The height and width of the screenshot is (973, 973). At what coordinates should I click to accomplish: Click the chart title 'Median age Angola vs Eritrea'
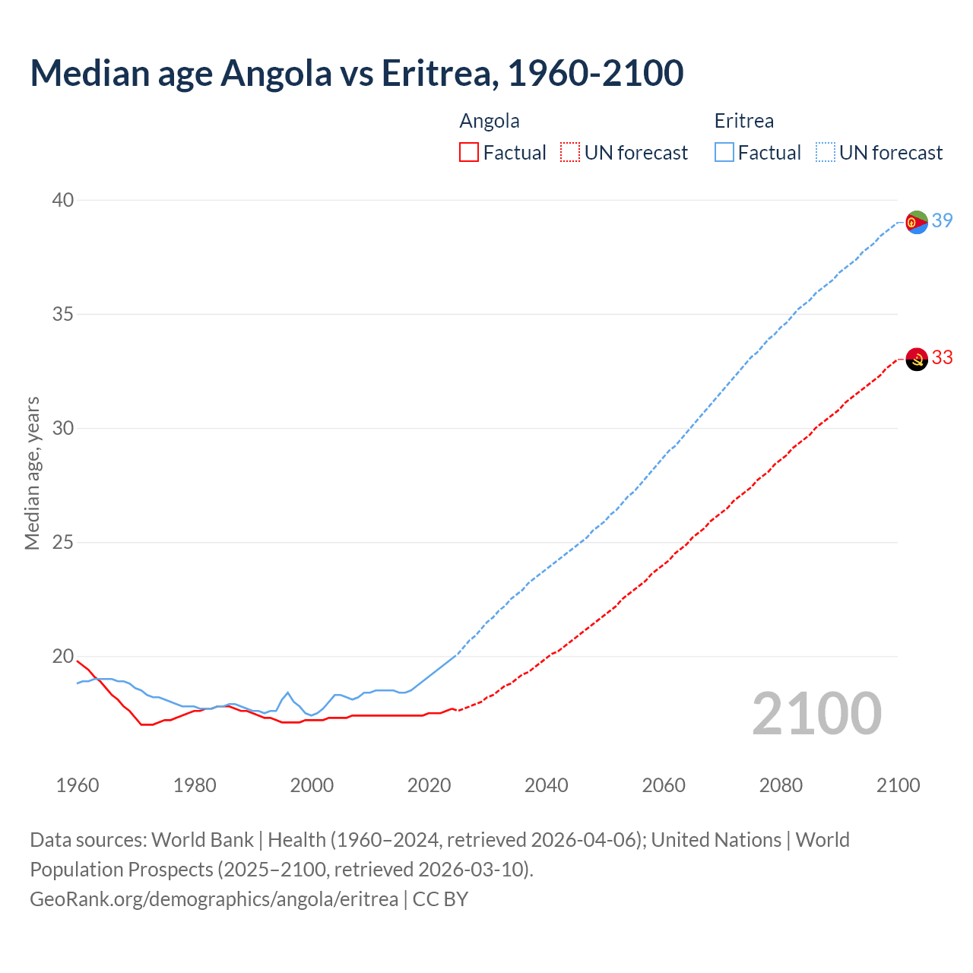pos(357,73)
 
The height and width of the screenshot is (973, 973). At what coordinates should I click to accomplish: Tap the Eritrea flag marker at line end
pos(917,222)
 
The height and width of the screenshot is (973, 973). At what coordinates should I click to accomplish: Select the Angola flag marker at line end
pos(917,359)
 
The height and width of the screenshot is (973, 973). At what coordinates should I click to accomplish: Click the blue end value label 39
pos(942,220)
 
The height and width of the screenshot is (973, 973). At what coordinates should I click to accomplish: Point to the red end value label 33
pos(942,357)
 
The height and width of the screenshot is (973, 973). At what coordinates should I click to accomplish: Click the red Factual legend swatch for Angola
pos(469,153)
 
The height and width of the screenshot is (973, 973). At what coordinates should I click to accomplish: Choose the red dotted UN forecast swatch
pos(570,153)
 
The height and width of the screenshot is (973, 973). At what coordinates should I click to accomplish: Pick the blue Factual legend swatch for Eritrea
pos(724,153)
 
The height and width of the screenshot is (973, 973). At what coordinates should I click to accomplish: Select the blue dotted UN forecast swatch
pos(825,153)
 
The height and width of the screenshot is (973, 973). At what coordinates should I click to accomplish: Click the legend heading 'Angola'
pos(490,121)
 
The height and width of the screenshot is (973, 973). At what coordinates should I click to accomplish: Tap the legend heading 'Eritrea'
pos(743,121)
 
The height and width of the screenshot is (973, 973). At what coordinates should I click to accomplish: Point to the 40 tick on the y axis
pos(62,200)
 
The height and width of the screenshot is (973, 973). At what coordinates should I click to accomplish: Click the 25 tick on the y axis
pos(62,542)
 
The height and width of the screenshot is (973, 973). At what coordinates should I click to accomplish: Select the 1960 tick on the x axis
pos(78,785)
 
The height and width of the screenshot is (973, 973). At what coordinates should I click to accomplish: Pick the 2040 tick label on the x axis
pos(546,785)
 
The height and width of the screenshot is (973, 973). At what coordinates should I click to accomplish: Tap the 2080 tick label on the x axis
pos(781,785)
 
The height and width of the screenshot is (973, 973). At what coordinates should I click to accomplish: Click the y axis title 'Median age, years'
pos(32,473)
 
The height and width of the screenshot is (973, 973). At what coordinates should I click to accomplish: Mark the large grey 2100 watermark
pos(816,714)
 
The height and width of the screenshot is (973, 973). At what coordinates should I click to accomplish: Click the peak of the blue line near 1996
pos(288,693)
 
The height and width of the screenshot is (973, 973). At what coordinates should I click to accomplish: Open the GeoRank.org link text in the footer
pos(214,899)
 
